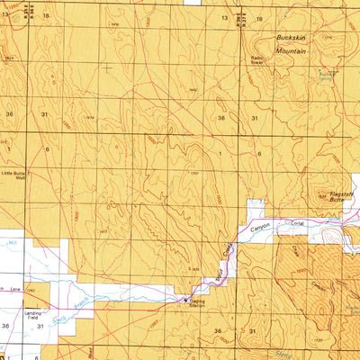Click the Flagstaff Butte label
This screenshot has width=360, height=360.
click(x=337, y=193)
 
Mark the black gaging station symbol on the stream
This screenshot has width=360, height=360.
click(x=186, y=298)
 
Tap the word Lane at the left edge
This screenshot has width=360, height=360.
click(x=14, y=287)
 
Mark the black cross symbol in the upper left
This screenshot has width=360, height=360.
click(x=107, y=66)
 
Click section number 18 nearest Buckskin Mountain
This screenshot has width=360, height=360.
click(x=258, y=18)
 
